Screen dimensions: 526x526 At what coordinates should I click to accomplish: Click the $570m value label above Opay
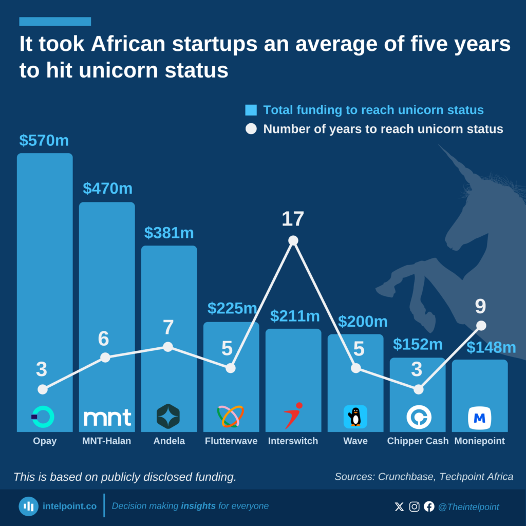[x=44, y=140]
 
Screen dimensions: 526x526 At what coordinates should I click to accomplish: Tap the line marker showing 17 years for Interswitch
[x=293, y=240]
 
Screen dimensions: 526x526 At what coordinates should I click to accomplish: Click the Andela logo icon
[x=168, y=417]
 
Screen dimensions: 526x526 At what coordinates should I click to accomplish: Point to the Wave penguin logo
[x=355, y=417]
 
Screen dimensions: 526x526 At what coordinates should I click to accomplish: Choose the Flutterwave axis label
[x=231, y=441]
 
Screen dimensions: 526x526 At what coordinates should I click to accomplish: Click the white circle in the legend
[x=251, y=129]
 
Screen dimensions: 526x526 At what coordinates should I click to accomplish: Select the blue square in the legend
[x=251, y=110]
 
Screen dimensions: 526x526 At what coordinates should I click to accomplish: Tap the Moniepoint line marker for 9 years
[x=481, y=325]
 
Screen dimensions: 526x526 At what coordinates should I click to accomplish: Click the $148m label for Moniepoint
[x=491, y=348]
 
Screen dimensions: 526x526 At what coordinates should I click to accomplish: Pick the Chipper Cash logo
[x=418, y=417]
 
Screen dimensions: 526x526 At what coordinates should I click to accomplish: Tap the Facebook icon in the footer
[x=429, y=506]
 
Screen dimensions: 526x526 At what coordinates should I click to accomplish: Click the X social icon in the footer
[x=399, y=506]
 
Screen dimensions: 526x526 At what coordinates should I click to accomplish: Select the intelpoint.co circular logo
[x=29, y=506]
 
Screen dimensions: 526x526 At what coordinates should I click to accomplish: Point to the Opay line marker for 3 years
[x=43, y=389]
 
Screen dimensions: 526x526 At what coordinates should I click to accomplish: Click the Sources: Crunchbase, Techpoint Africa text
[x=424, y=477]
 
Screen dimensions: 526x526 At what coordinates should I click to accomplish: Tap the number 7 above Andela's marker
[x=168, y=327]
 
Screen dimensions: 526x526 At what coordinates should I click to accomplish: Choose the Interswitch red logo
[x=293, y=416]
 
